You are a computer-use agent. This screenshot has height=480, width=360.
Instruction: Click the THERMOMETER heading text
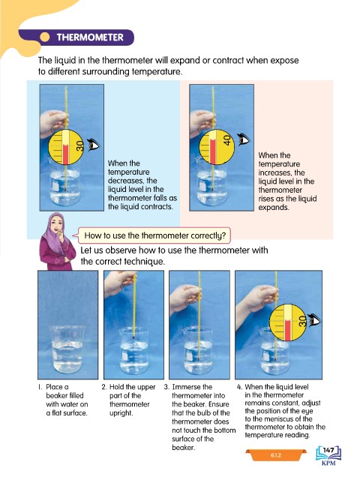click(x=90, y=37)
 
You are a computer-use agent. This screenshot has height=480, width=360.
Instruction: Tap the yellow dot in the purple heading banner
click(x=45, y=37)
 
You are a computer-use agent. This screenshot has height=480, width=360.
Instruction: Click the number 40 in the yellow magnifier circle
click(x=227, y=140)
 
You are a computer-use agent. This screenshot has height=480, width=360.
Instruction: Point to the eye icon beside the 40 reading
click(x=244, y=139)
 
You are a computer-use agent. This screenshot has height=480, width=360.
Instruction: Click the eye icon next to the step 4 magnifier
click(x=314, y=320)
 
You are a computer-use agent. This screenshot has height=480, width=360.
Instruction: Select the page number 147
click(x=328, y=450)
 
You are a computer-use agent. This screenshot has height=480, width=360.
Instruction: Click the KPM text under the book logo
click(x=328, y=463)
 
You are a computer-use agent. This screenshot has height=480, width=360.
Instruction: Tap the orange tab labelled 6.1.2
click(x=275, y=455)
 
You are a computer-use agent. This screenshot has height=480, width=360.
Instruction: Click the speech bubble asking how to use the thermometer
click(x=154, y=235)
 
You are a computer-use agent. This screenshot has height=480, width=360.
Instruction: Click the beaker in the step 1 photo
click(x=67, y=349)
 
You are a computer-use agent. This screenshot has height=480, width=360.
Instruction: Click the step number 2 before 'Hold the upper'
click(x=104, y=387)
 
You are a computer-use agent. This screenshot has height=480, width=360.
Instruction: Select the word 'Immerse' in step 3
click(x=186, y=387)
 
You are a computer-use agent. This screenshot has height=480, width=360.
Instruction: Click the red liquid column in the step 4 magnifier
click(x=287, y=331)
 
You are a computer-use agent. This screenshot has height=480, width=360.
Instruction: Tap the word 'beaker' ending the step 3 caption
click(x=183, y=448)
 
